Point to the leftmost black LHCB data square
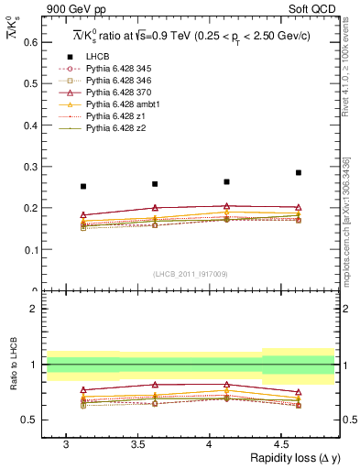coord(83,186)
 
